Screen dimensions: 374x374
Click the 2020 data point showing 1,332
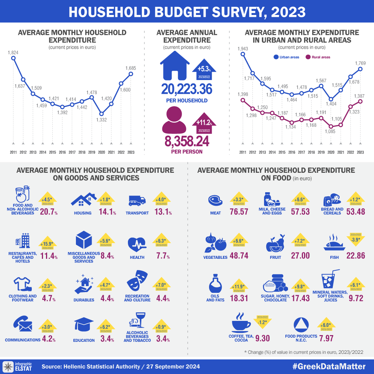(x=101, y=113)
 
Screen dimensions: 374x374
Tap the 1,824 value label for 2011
(x=13, y=52)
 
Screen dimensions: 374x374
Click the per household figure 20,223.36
(x=187, y=89)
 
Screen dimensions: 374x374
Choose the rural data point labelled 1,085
(x=331, y=126)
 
